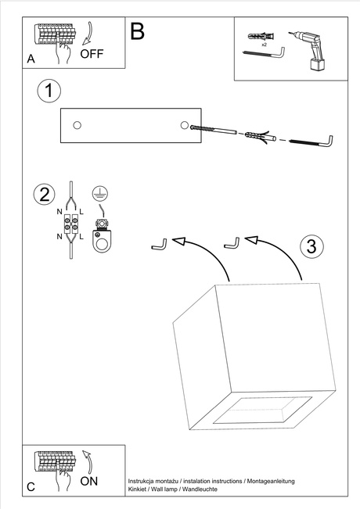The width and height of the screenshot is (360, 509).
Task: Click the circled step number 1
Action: [49, 91]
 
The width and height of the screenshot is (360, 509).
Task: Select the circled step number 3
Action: [311, 246]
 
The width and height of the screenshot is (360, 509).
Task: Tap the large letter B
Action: [138, 32]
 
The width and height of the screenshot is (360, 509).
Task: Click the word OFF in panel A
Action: [92, 54]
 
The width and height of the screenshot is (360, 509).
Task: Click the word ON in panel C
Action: [89, 481]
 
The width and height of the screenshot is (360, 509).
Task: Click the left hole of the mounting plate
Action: [77, 125]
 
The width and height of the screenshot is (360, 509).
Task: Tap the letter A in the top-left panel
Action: [31, 59]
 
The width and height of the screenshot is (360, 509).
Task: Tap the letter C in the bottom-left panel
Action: [31, 486]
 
